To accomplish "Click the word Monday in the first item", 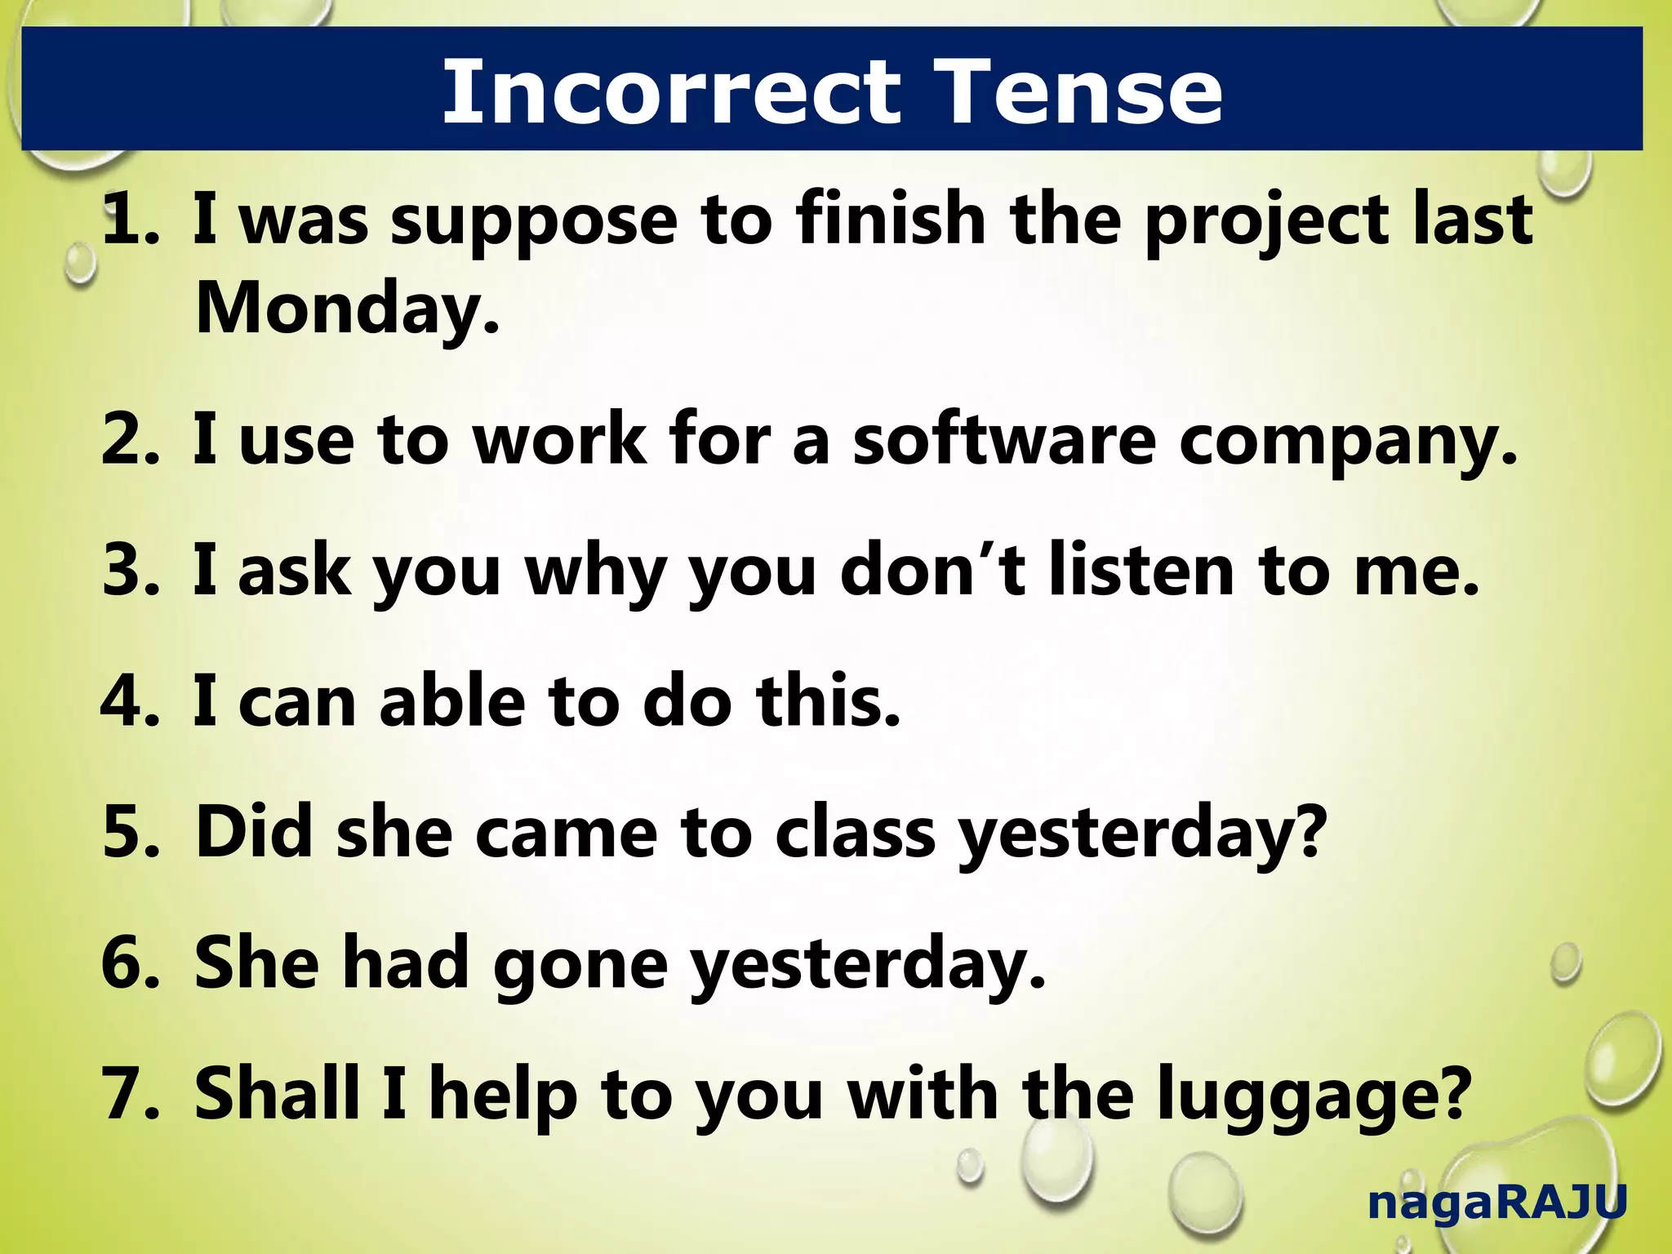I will (346, 309).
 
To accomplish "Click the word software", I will (1004, 441).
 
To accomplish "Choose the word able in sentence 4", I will (452, 702).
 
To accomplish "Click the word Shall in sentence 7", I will (278, 1094).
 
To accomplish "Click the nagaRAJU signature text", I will (1496, 1203).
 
